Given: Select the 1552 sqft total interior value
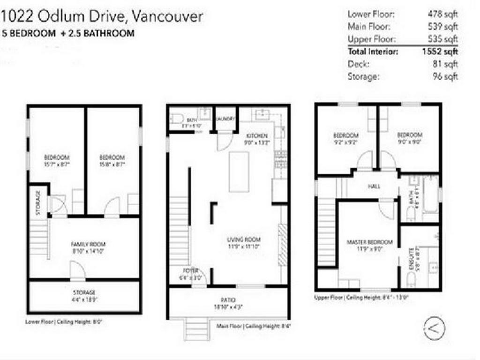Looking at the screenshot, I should (x=440, y=52).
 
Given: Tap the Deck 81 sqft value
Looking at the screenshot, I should (x=445, y=64).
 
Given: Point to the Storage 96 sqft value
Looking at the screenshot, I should (x=445, y=76).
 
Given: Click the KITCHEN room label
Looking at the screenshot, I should (x=256, y=135).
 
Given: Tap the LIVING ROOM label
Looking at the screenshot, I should (x=244, y=240).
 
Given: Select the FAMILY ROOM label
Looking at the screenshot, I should (x=88, y=244).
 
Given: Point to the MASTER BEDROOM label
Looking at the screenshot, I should (x=369, y=242).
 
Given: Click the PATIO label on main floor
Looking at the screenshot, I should (x=228, y=300).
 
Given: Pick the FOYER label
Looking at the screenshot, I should (x=191, y=271).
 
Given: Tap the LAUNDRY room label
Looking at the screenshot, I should (x=225, y=119).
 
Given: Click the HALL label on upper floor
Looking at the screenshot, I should (x=374, y=186).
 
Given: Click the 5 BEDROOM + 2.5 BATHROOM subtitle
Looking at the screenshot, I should (x=68, y=33).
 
